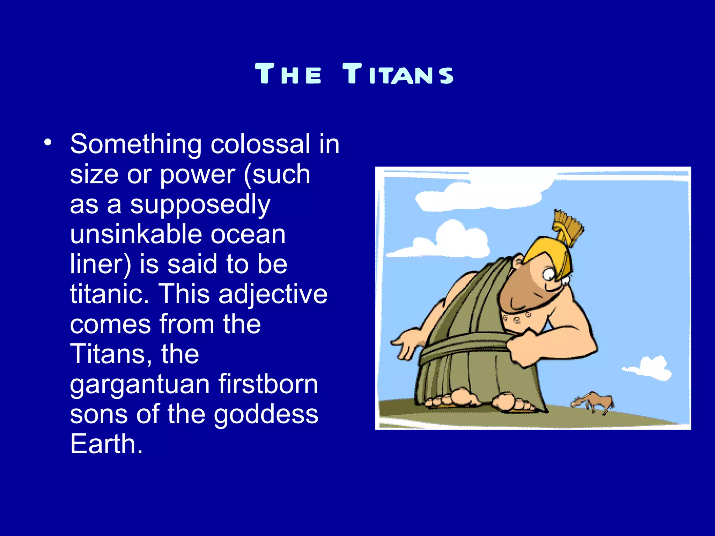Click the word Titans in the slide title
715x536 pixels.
[x=398, y=74]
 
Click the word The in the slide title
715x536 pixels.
[x=288, y=74]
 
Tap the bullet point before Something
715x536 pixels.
[x=48, y=142]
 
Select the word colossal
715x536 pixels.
[x=260, y=144]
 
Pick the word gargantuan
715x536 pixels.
[x=140, y=385]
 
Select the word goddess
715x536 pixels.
[x=266, y=414]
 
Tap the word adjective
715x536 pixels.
[x=273, y=294]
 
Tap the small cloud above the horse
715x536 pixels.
[x=649, y=368]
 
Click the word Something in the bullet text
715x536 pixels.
[x=136, y=144]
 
